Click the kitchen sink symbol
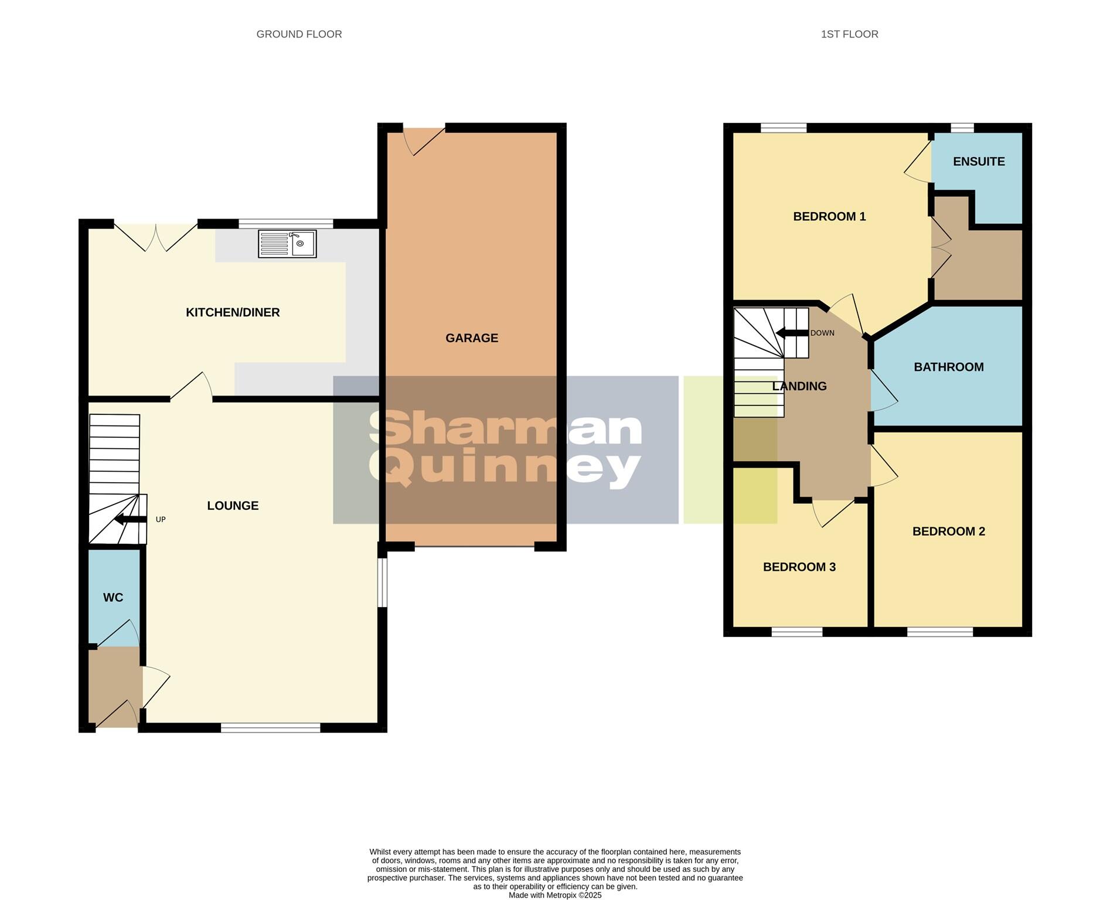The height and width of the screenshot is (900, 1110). point(287,244)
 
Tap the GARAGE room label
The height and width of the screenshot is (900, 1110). point(472,338)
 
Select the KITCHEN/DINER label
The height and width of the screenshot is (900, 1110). point(233,312)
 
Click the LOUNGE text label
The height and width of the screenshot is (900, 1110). point(233,506)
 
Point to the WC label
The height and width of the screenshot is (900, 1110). point(113,598)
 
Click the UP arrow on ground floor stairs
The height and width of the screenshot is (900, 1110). point(130,520)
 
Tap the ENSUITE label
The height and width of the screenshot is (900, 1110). point(979,162)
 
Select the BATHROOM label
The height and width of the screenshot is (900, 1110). point(948,367)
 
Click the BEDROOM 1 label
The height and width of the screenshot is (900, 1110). point(829,217)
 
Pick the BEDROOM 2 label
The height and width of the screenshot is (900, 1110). point(948,531)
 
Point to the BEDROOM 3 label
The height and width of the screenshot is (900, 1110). point(799,567)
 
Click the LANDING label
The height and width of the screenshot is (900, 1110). point(799,387)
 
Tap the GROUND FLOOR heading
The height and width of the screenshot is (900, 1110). point(299,35)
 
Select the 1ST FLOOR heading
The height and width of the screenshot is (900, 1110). point(849,35)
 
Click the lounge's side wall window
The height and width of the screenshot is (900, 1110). point(382,582)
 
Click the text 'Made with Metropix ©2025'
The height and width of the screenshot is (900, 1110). point(554,895)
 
